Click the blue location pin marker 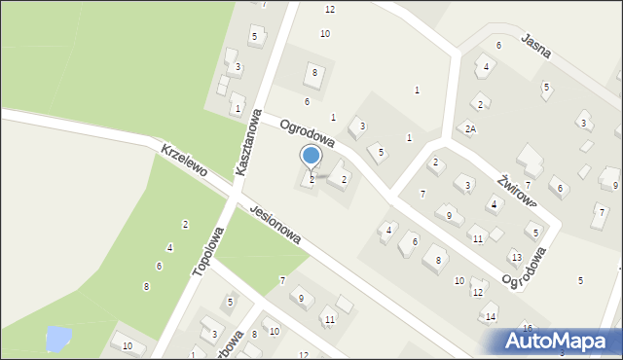point(311,156)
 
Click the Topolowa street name point(208,251)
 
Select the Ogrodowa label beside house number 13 point(525,268)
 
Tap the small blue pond point(57,339)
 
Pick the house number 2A point(470,128)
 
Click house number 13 point(517,257)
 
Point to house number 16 point(528,329)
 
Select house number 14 point(492,317)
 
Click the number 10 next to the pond point(127,346)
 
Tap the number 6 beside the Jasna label point(498,46)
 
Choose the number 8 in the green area point(146,286)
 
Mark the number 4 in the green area point(169,248)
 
